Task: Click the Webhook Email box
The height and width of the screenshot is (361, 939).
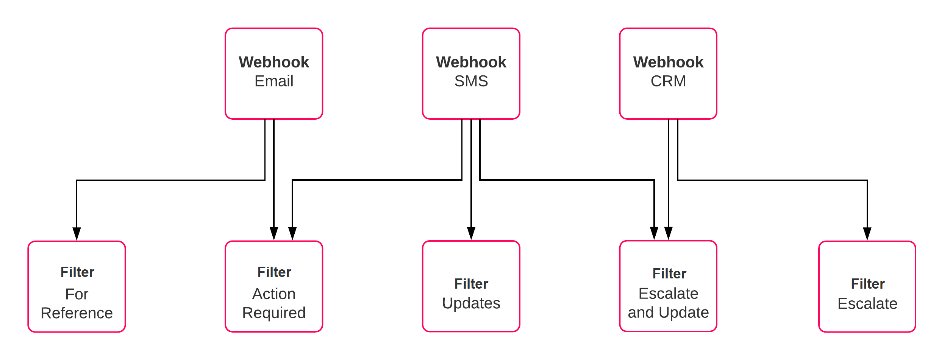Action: pos(273,73)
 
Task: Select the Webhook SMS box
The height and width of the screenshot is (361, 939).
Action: pos(471,73)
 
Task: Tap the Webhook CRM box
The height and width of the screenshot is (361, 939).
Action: pos(668,73)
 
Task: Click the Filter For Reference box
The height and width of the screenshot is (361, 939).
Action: pos(77,287)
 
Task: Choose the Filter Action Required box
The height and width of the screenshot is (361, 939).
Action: pos(273,287)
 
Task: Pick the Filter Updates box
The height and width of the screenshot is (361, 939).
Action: pos(471,287)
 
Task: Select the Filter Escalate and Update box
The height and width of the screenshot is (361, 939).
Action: pos(668,287)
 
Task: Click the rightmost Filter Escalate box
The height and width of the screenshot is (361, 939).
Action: pos(867,287)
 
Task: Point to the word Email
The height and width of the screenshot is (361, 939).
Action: pos(273,81)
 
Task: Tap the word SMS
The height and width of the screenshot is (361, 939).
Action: pos(471,81)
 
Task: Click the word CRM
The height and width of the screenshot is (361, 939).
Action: pos(668,81)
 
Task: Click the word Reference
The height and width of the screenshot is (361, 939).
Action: pos(77,313)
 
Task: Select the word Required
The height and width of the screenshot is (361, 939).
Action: pos(273,313)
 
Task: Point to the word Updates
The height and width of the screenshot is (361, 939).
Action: pos(471,303)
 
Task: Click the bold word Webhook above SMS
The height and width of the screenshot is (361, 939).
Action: pos(471,62)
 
